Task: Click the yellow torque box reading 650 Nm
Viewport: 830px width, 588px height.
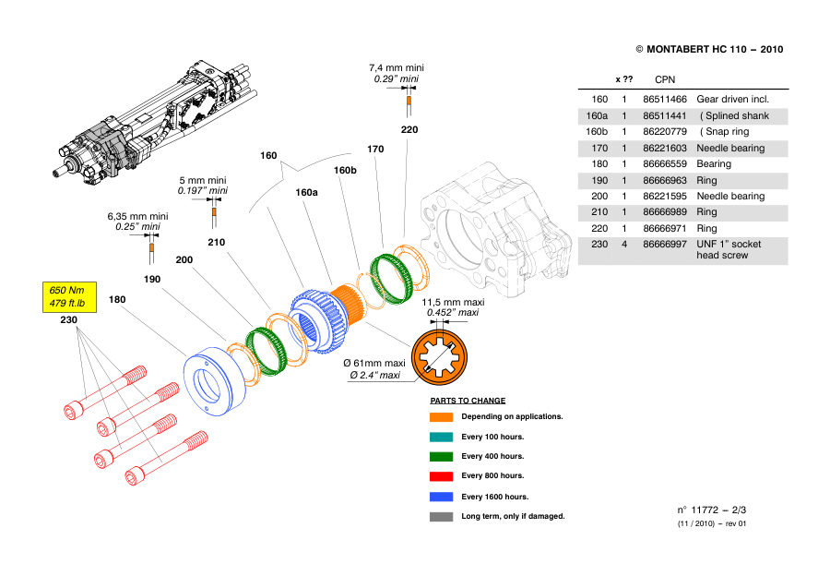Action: (69, 296)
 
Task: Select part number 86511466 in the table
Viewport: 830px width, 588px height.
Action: (664, 99)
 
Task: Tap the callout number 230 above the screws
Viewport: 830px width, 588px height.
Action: (69, 320)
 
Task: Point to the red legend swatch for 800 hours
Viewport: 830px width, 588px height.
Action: (441, 475)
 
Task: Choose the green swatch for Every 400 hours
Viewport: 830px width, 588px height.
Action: (441, 456)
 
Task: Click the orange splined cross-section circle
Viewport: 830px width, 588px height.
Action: (439, 357)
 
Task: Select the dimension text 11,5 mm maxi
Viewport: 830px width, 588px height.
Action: (453, 303)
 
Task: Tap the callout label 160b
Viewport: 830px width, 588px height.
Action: (345, 170)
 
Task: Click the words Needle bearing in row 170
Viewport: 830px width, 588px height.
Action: (730, 148)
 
